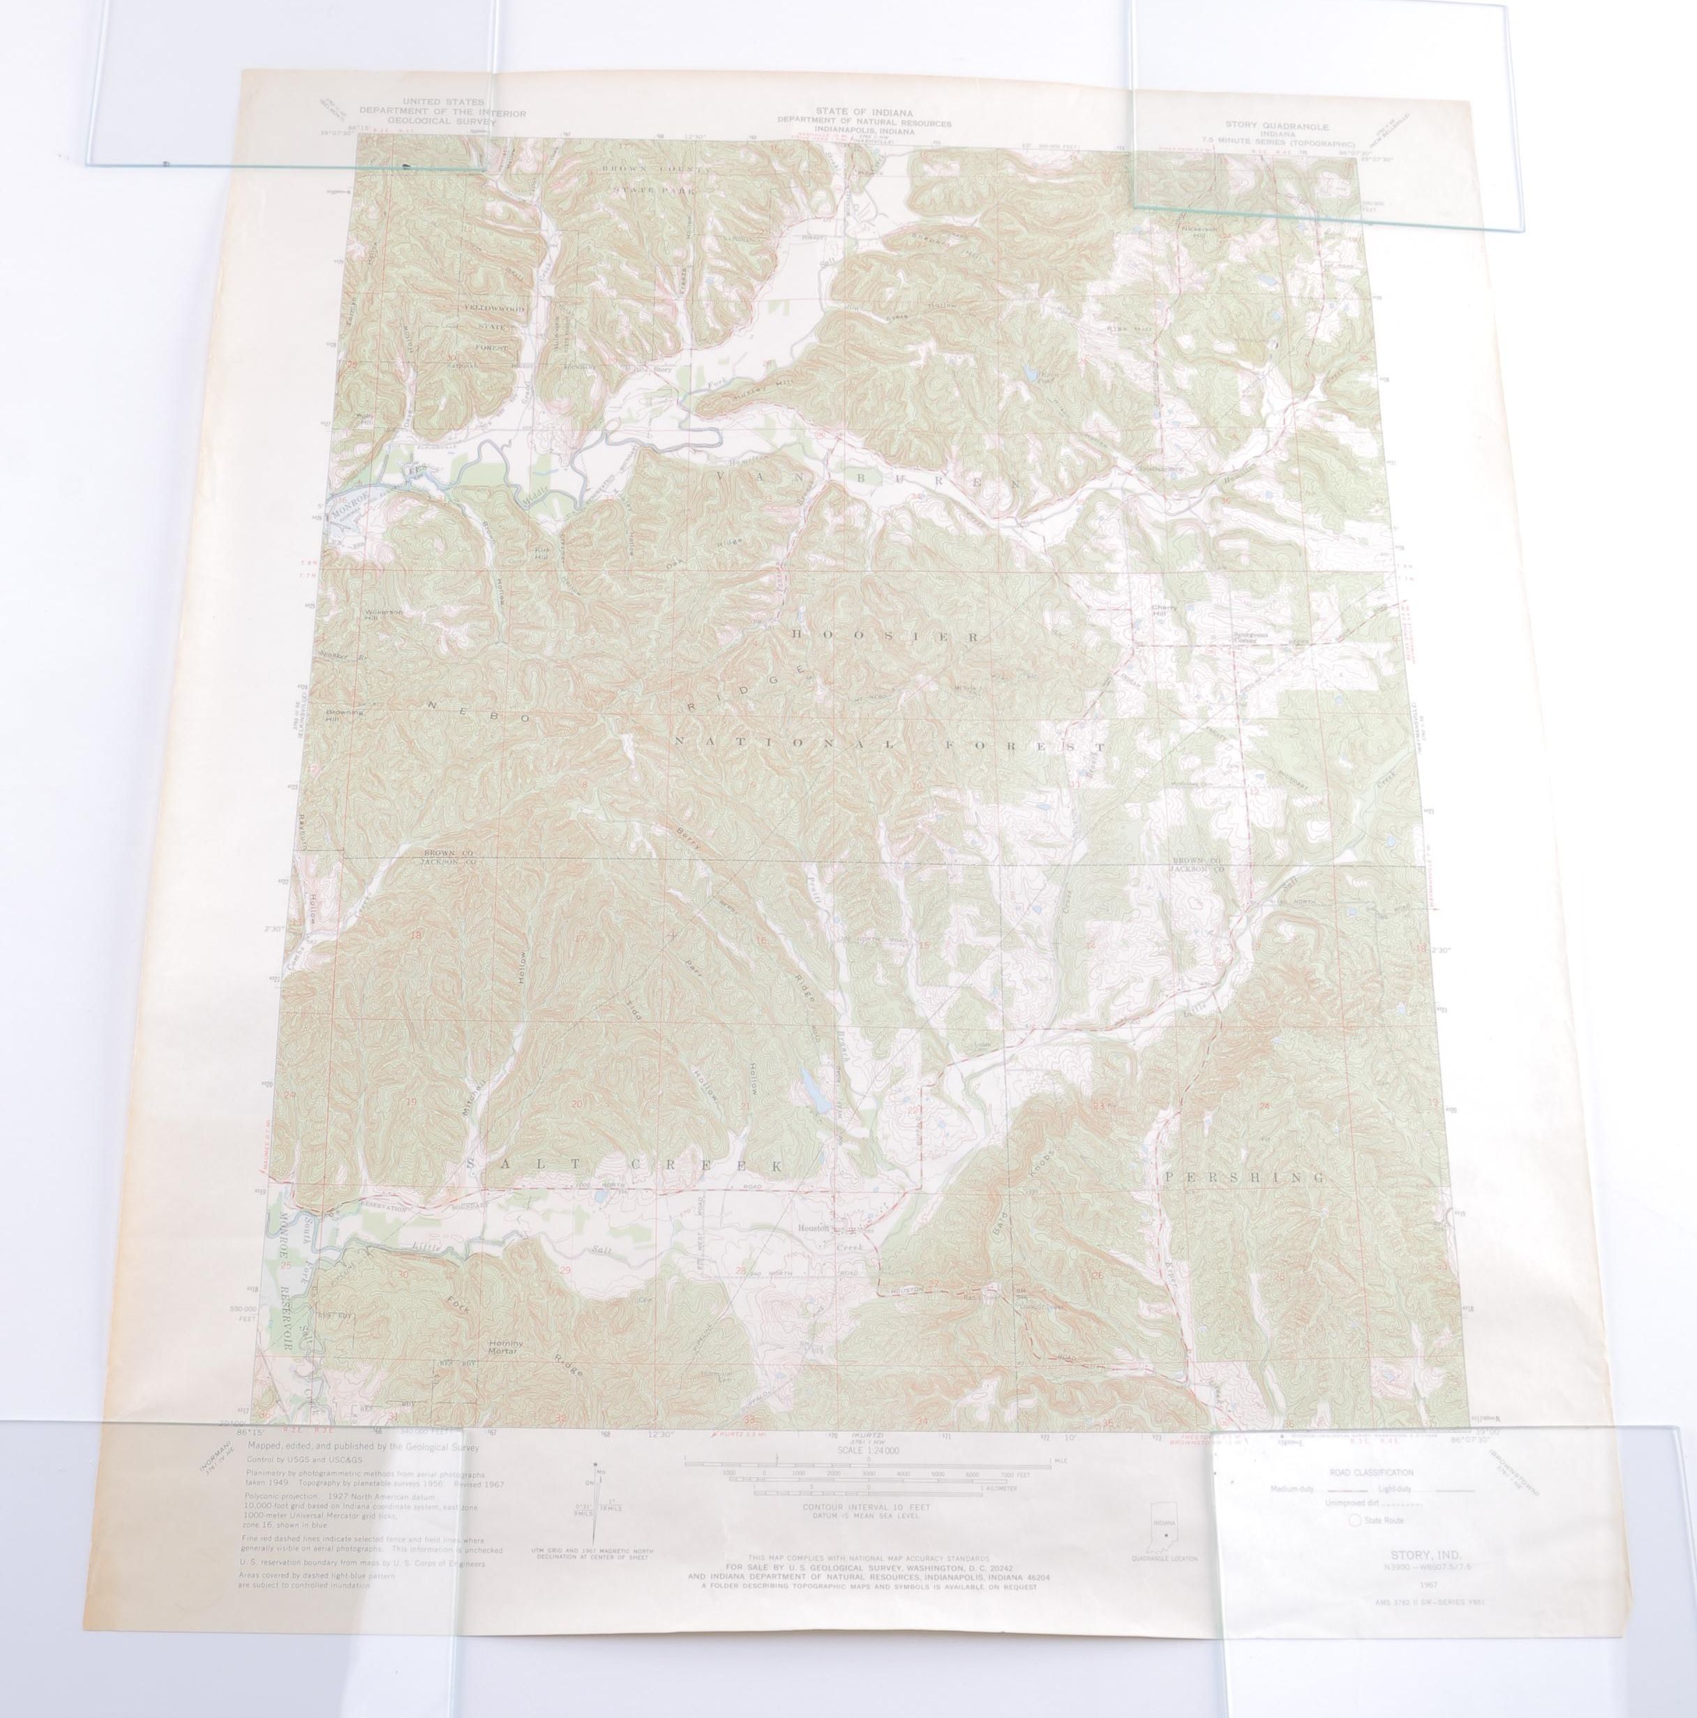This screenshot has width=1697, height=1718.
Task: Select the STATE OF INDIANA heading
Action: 864,110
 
